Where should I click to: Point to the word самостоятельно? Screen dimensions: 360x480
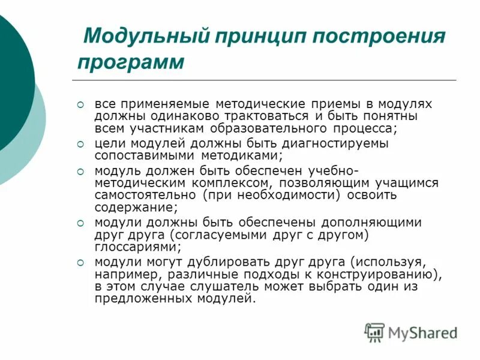(145, 195)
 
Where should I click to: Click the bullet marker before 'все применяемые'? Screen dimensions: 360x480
(82, 104)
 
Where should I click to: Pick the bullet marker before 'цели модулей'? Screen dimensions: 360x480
(82, 143)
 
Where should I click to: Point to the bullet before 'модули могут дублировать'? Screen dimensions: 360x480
(82, 261)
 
